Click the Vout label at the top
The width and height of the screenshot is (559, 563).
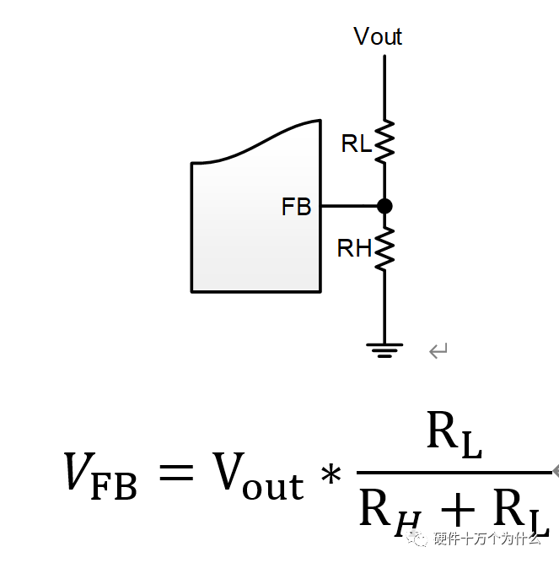pyautogui.click(x=378, y=36)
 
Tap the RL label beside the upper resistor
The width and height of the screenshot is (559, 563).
pyautogui.click(x=356, y=143)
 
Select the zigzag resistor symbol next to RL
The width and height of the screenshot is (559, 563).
pyautogui.click(x=384, y=142)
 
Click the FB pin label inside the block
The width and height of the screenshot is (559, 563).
pyautogui.click(x=296, y=207)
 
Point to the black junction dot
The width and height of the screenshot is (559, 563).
pyautogui.click(x=384, y=206)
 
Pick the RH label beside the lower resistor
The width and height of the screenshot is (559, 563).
pyautogui.click(x=354, y=248)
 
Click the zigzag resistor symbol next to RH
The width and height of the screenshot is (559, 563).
pyautogui.click(x=384, y=249)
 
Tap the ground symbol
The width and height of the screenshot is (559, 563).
pyautogui.click(x=384, y=350)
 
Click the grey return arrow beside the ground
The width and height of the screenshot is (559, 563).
pyautogui.click(x=438, y=350)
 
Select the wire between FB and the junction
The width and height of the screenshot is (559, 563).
pyautogui.click(x=349, y=206)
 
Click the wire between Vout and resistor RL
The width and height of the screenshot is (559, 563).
pyautogui.click(x=384, y=88)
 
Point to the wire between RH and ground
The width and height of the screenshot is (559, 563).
pyautogui.click(x=384, y=307)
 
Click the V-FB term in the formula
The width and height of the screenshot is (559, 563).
pyautogui.click(x=100, y=475)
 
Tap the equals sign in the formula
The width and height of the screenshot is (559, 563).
pyautogui.click(x=176, y=472)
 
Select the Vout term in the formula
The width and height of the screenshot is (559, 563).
pyautogui.click(x=258, y=475)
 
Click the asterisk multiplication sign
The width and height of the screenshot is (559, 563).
pyautogui.click(x=331, y=474)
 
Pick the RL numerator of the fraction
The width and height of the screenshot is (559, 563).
pyautogui.click(x=454, y=435)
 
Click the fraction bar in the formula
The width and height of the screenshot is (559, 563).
pyautogui.click(x=454, y=473)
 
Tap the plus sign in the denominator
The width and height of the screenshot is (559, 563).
pyautogui.click(x=458, y=509)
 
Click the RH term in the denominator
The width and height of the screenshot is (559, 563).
pyautogui.click(x=390, y=512)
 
